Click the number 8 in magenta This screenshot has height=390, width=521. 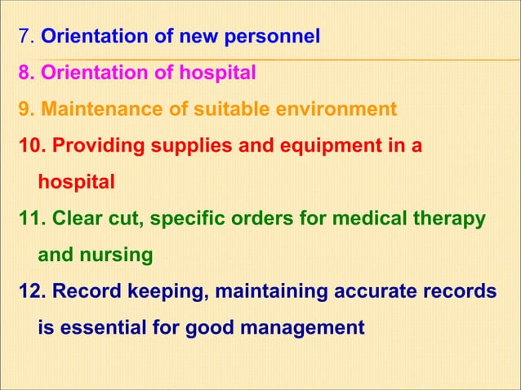click(24, 73)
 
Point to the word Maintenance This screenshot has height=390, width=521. click(97, 109)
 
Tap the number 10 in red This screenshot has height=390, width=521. click(29, 146)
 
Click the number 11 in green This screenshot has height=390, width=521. click(29, 219)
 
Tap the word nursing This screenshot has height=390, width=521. click(118, 255)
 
